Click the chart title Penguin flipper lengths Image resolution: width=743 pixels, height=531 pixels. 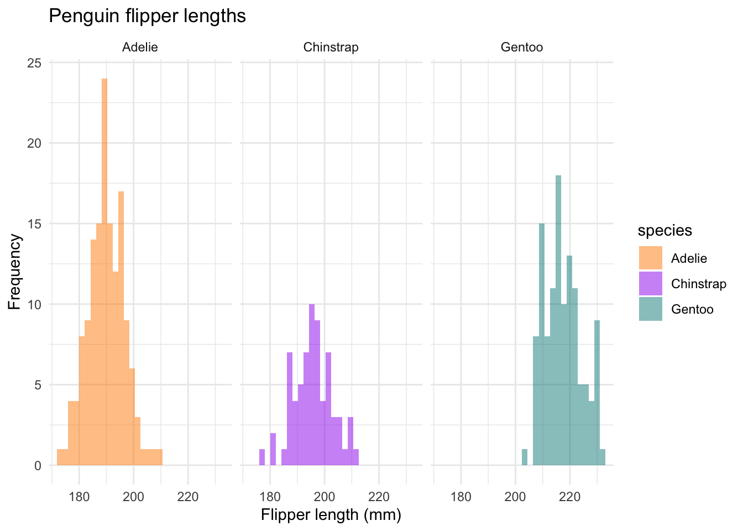coord(147,16)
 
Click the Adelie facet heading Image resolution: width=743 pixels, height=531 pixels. coord(140,48)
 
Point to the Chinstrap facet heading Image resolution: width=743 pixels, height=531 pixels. coord(331,48)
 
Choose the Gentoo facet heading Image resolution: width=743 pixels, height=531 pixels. coord(521,48)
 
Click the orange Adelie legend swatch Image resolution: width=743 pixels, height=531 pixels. coord(650,258)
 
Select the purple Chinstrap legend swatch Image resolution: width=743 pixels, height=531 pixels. coord(650,284)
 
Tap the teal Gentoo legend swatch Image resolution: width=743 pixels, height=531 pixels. coord(650,309)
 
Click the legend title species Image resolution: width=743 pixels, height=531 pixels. coord(664,231)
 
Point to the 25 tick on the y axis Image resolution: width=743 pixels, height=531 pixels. coord(34,63)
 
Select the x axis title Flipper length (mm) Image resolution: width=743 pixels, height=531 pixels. coord(331,516)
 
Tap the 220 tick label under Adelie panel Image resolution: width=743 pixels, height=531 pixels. coord(188,497)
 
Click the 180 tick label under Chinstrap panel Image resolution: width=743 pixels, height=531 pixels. coord(270,497)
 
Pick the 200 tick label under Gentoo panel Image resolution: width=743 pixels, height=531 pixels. coord(515,497)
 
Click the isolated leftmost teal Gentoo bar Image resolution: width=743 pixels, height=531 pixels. coord(525,457)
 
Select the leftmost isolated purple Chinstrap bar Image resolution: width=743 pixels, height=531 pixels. coord(262,457)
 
